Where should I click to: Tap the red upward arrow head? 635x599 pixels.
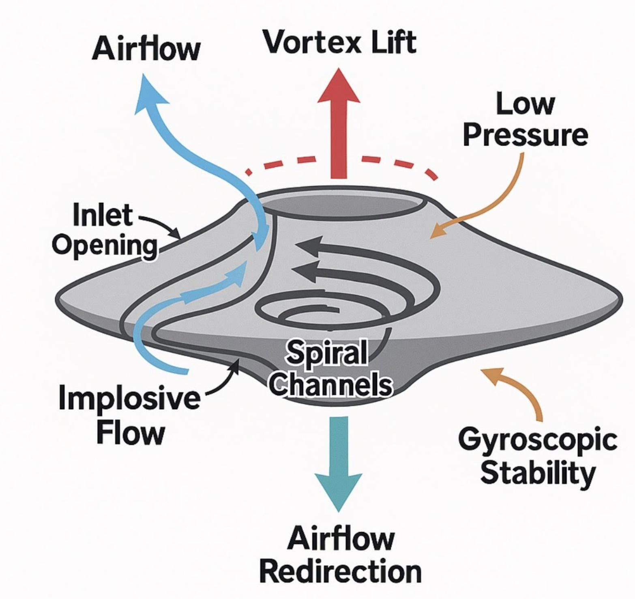339,88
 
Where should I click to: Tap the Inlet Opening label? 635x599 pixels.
105,230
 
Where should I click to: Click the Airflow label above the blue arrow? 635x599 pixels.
146,49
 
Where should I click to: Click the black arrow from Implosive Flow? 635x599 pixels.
225,378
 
